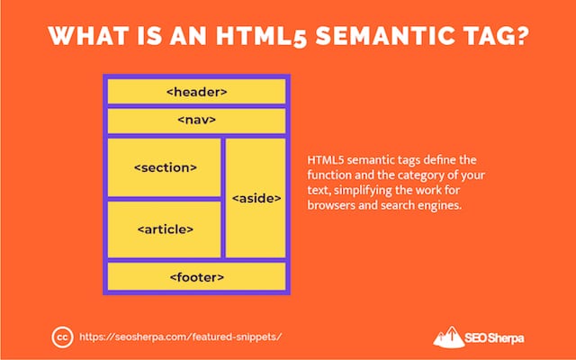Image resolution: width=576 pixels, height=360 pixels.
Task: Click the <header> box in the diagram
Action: click(196, 92)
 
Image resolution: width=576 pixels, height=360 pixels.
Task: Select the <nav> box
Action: click(196, 120)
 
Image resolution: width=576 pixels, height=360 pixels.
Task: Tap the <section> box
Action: click(164, 167)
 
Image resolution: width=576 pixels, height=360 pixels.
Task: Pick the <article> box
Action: click(164, 229)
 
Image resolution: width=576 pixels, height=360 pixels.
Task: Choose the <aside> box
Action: click(256, 198)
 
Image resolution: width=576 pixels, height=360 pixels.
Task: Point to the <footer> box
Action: click(196, 276)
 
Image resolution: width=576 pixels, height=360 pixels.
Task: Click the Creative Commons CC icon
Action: click(62, 337)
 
